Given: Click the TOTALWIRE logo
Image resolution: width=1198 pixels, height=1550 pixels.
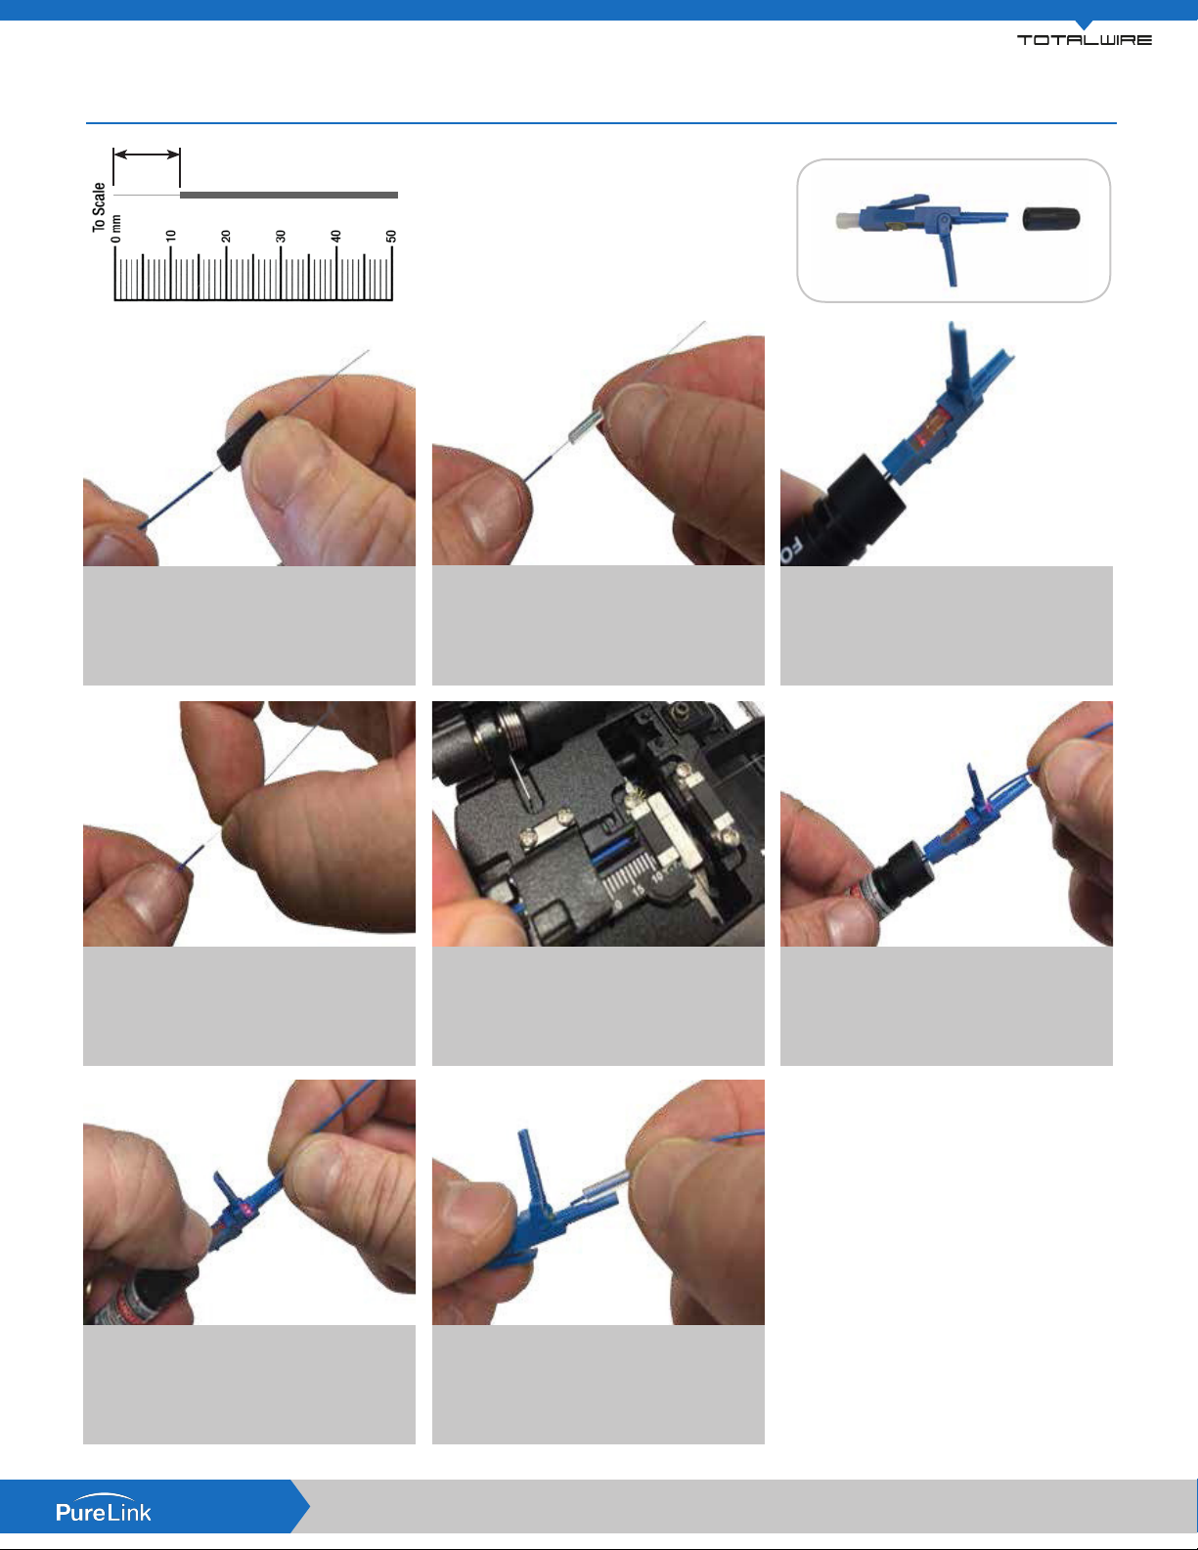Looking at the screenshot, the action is coord(1084,39).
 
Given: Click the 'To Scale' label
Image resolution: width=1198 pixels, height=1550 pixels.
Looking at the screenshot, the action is coord(99,207).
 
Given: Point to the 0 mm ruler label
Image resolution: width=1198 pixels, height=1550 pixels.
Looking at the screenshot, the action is coord(115,229).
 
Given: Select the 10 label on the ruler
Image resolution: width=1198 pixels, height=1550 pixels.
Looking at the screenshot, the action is coord(171,236).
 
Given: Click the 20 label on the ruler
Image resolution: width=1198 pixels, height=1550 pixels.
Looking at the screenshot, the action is coord(226,236).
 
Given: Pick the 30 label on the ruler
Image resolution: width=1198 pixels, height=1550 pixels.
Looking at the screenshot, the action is coord(281,236).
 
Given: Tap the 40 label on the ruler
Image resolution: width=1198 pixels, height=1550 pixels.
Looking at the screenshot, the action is coord(335,236).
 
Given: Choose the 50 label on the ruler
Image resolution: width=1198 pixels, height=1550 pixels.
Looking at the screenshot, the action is coord(391,236).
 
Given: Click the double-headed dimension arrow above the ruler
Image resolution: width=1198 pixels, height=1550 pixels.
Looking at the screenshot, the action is coord(147,155).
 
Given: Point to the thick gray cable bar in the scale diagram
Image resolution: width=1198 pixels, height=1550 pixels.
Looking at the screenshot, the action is coord(288,195).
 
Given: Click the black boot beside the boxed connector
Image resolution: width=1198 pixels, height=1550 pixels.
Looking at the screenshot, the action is coord(1051,218).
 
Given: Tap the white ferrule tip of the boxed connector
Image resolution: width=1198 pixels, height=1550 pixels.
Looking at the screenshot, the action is coord(848,220).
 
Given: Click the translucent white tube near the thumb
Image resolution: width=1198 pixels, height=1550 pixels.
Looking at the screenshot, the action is coord(606,1185).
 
